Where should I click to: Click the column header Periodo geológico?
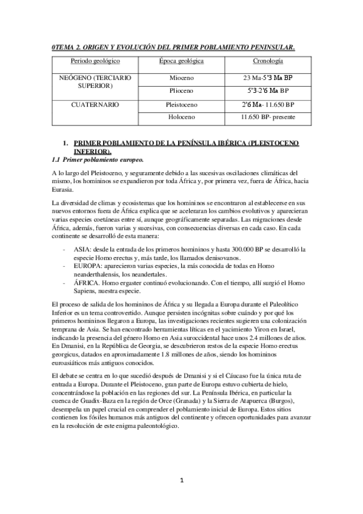tap(95, 61)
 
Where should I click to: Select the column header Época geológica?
tap(182, 61)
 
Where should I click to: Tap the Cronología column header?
tap(267, 61)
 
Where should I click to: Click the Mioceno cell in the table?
tap(182, 78)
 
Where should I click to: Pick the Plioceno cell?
tap(182, 91)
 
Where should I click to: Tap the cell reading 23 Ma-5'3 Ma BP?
tap(267, 78)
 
